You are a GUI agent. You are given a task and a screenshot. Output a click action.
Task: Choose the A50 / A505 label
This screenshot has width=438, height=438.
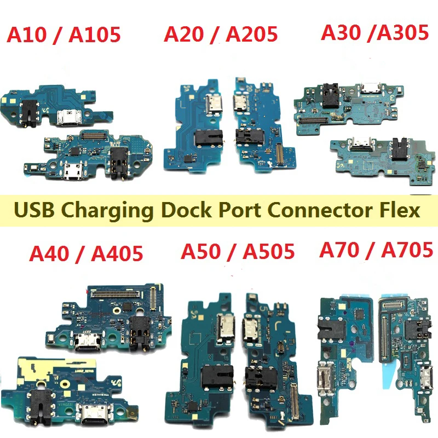[x=238, y=252]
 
